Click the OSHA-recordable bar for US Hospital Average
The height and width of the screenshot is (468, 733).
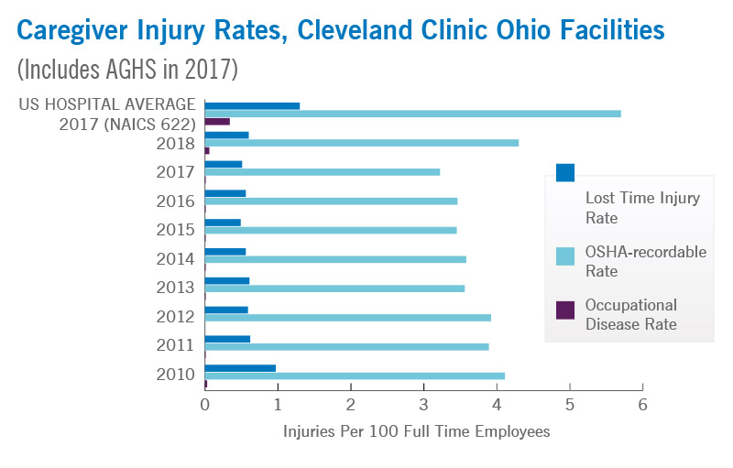click(412, 114)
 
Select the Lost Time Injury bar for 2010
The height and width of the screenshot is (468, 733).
click(240, 368)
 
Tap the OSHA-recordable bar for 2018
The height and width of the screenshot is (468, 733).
click(361, 143)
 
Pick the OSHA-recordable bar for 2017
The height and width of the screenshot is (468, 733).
click(322, 171)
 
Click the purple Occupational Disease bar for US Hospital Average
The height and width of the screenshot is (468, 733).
click(217, 121)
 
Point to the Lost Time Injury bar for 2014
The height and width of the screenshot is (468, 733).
click(225, 251)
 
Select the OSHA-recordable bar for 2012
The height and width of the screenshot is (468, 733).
click(347, 318)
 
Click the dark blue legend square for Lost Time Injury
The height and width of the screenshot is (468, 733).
click(565, 172)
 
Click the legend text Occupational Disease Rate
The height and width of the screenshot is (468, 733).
click(630, 314)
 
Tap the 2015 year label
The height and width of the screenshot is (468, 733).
click(177, 230)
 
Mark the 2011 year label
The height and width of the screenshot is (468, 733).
click(177, 345)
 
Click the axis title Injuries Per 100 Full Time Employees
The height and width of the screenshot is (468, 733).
click(417, 431)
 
